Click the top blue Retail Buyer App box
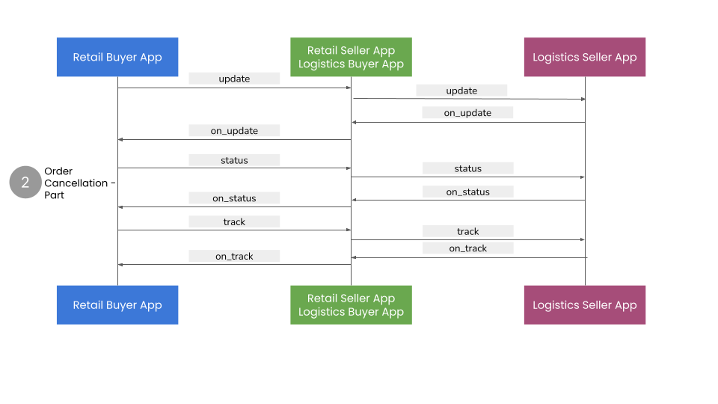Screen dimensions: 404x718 (x=117, y=57)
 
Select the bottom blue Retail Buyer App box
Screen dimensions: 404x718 (x=117, y=304)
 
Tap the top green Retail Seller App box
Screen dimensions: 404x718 (x=351, y=57)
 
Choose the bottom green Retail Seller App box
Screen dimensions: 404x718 (x=351, y=304)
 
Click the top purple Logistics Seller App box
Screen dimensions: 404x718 (x=584, y=57)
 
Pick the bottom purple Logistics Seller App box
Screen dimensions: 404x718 (x=584, y=304)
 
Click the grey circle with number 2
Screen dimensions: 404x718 (x=25, y=183)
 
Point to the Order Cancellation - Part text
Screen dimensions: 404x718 (x=79, y=183)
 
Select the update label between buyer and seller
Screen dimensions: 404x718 (x=234, y=79)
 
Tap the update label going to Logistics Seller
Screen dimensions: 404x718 (x=461, y=91)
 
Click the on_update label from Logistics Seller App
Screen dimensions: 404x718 (x=467, y=113)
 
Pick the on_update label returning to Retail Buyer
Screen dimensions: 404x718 (x=234, y=131)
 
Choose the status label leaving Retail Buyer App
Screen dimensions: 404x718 (x=234, y=160)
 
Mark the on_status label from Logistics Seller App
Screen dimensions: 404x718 (x=467, y=192)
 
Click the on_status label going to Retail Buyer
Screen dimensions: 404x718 (x=234, y=198)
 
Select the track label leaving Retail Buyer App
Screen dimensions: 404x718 (x=234, y=221)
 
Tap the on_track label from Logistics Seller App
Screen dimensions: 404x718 (x=467, y=248)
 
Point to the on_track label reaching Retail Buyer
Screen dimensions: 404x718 (x=234, y=256)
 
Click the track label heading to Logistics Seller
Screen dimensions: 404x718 (x=467, y=231)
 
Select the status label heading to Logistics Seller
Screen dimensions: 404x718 (x=467, y=168)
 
